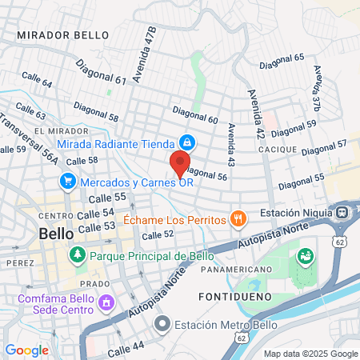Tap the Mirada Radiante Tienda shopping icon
pyautogui.click(x=186, y=142)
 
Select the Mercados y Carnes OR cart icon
pyautogui.click(x=70, y=182)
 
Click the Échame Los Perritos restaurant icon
pyautogui.click(x=237, y=218)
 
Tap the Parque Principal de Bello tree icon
pyautogui.click(x=78, y=255)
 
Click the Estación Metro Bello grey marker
pyautogui.click(x=163, y=324)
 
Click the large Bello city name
pyautogui.click(x=56, y=234)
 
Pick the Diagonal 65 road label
pyautogui.click(x=288, y=58)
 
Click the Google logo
pyautogui.click(x=26, y=350)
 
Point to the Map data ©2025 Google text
pyautogui.click(x=311, y=354)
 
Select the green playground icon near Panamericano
pyautogui.click(x=305, y=257)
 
